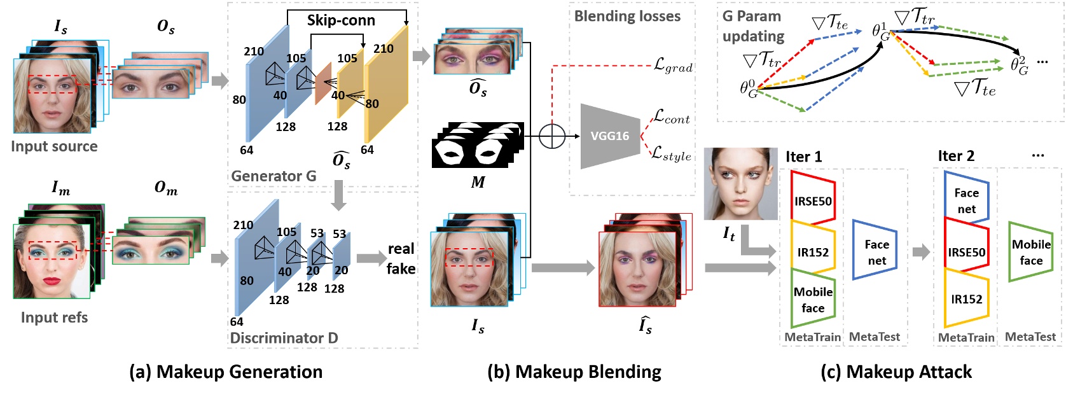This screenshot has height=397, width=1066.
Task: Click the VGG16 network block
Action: click(609, 136)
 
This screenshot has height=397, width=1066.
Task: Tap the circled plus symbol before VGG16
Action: click(552, 136)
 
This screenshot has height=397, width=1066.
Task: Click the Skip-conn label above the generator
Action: click(341, 20)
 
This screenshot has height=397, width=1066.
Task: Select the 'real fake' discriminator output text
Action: click(401, 258)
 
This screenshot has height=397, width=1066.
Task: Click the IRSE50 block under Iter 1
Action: click(813, 200)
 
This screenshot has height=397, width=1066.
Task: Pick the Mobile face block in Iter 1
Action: click(813, 300)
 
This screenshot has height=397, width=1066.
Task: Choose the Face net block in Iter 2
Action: click(966, 200)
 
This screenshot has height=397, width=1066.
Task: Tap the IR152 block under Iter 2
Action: click(966, 299)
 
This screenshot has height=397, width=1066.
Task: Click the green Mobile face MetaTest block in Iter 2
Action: click(1031, 252)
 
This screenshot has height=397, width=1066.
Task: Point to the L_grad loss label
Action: click(673, 66)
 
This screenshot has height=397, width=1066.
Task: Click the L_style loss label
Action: click(671, 155)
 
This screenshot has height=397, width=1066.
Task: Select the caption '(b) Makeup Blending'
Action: click(574, 372)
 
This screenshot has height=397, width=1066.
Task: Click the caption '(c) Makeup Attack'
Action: click(896, 372)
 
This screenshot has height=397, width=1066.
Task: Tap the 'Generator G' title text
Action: click(273, 176)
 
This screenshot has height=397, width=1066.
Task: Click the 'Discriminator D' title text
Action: click(284, 338)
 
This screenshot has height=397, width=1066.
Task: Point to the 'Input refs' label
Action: click(54, 317)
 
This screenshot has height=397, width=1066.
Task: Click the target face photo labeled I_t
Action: click(740, 184)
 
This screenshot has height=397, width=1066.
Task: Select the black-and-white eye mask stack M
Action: click(477, 146)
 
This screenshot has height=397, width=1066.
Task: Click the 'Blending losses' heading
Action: click(627, 17)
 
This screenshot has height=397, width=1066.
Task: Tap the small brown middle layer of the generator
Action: click(323, 83)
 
